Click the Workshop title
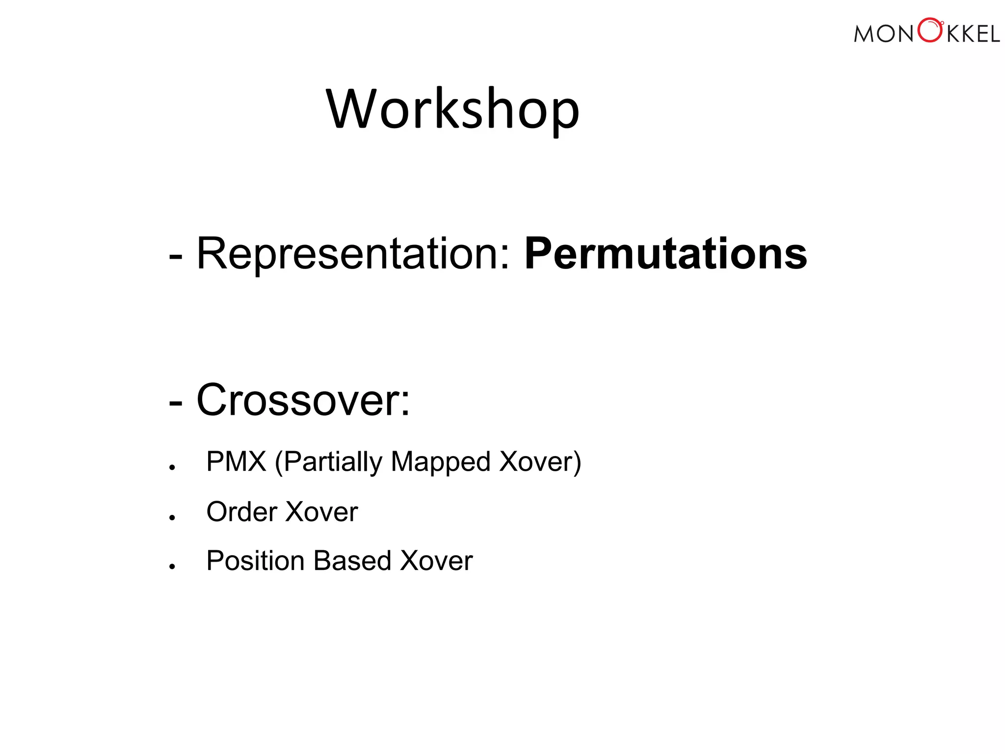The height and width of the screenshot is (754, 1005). click(x=452, y=109)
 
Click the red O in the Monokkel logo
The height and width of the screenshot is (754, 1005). click(x=929, y=30)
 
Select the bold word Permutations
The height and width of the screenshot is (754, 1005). click(x=665, y=254)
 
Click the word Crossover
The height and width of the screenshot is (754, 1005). click(x=303, y=401)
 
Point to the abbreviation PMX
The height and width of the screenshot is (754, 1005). click(x=236, y=461)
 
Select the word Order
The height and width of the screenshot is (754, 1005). click(x=242, y=512)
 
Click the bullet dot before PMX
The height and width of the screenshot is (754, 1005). click(x=172, y=468)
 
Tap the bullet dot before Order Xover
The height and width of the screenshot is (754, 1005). click(x=172, y=517)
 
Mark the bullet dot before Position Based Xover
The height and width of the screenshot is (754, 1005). click(x=172, y=566)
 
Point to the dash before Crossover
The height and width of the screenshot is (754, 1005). click(x=175, y=403)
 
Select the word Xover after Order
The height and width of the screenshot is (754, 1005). click(x=321, y=512)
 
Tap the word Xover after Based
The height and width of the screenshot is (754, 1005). click(x=436, y=561)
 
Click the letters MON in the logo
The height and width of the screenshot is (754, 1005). click(x=883, y=34)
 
